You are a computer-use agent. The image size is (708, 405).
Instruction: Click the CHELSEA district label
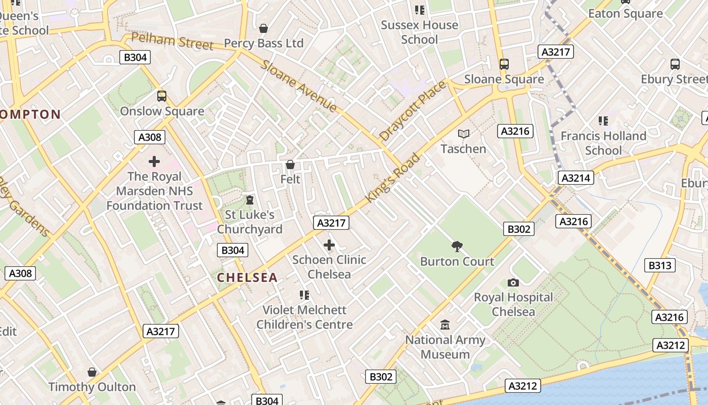click(x=247, y=277)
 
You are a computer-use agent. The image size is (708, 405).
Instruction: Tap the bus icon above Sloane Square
click(x=504, y=64)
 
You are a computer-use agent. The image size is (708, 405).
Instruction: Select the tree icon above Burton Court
click(x=457, y=247)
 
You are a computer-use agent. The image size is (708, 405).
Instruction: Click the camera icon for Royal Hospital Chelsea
click(x=513, y=282)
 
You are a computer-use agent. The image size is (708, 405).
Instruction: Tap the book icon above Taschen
click(x=463, y=134)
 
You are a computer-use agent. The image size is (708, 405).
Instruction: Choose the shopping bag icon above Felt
click(x=290, y=165)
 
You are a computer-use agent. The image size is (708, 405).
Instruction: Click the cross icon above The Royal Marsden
click(x=154, y=161)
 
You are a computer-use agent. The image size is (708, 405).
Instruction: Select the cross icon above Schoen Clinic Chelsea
click(x=329, y=246)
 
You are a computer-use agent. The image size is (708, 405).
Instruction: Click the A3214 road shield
click(x=576, y=178)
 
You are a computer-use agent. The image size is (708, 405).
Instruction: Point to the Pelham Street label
click(x=172, y=42)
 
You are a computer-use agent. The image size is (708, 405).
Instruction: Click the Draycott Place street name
click(x=413, y=111)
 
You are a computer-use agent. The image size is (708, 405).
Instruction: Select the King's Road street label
click(x=392, y=178)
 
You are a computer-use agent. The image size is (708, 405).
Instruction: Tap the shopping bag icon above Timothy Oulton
click(x=92, y=372)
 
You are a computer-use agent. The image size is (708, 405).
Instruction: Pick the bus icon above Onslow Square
click(x=162, y=96)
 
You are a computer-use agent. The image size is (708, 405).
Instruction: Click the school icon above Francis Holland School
click(x=603, y=121)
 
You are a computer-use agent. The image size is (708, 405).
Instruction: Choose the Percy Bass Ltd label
click(x=263, y=43)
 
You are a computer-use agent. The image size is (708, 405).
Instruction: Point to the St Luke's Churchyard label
click(x=250, y=222)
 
